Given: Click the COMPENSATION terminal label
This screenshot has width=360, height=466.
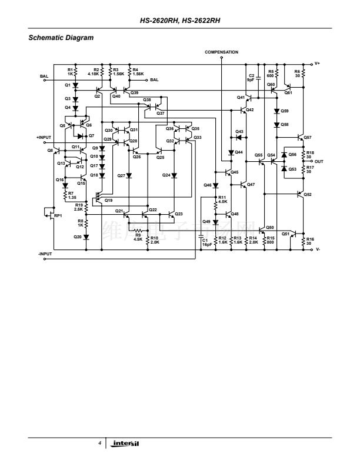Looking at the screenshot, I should [221, 52].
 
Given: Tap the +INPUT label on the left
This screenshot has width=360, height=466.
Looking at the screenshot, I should [44, 137].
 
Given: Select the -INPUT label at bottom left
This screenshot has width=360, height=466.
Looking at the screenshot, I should [45, 254].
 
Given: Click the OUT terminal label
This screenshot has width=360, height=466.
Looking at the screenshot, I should [319, 161].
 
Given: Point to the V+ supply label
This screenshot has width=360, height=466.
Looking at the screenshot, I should [317, 63].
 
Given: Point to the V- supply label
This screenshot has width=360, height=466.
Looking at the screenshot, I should [317, 249].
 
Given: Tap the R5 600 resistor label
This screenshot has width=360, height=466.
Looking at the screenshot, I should [271, 74].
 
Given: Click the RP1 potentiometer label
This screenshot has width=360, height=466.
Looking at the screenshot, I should [58, 216].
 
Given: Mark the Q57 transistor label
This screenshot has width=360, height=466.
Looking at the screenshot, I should [308, 137].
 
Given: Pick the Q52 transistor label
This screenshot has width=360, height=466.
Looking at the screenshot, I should [308, 194].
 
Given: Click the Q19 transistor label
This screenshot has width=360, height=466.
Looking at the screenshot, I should [108, 201].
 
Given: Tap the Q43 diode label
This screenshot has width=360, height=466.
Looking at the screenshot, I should [239, 131].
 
